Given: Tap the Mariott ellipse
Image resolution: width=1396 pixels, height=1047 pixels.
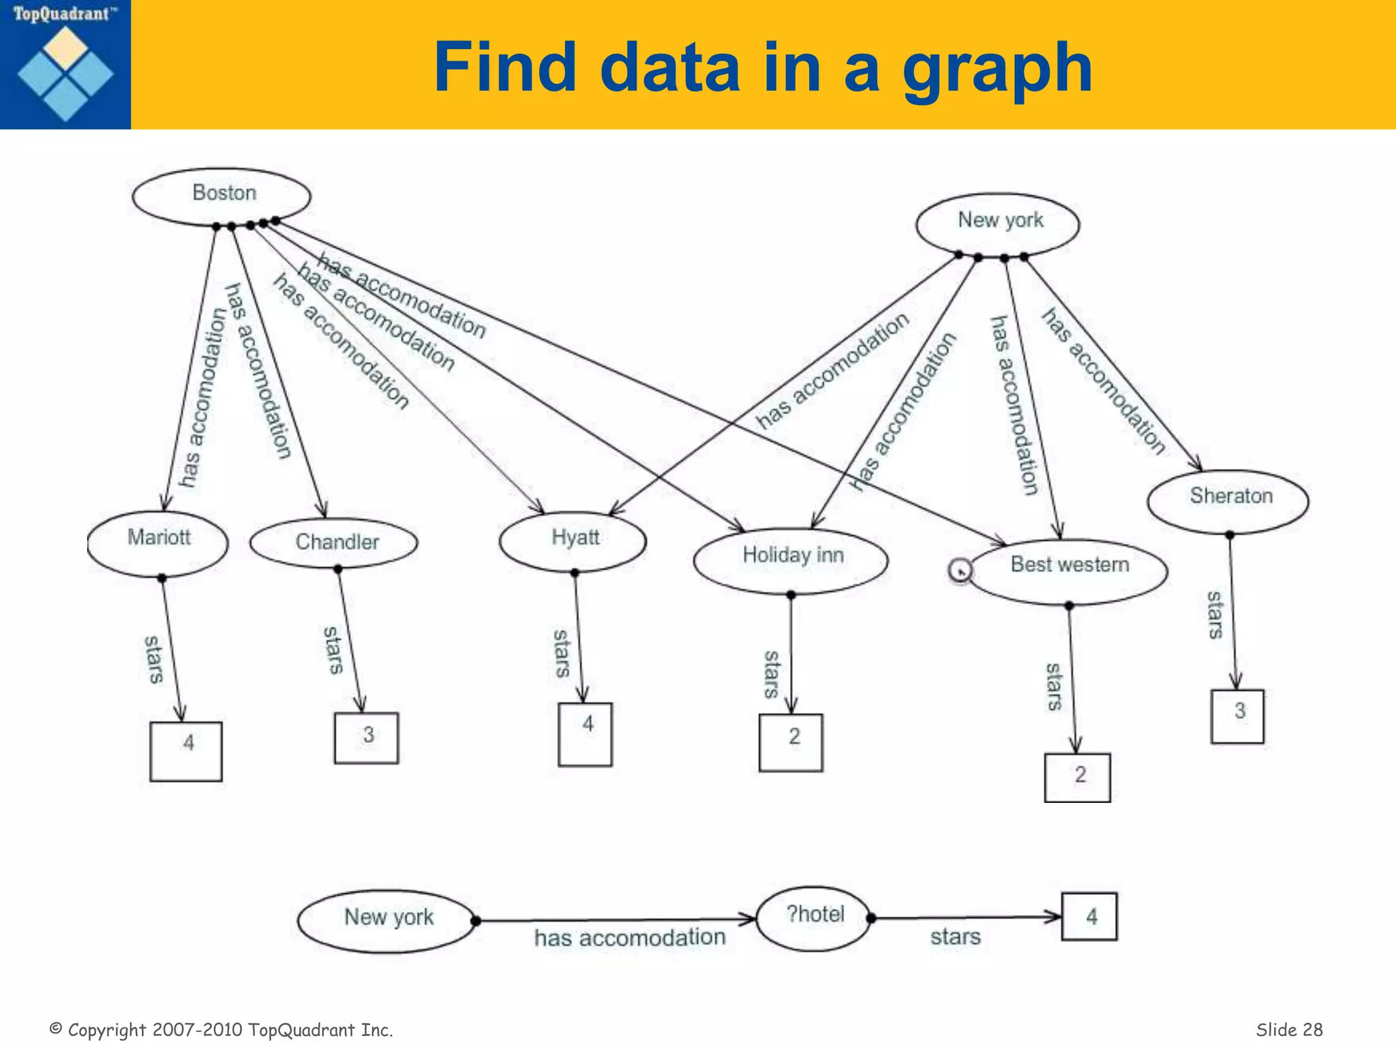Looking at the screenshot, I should coord(158,543).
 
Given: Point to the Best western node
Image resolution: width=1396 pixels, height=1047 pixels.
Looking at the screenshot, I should coord(1069,570).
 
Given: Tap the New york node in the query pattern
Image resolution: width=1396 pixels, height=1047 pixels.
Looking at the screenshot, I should coord(387,921).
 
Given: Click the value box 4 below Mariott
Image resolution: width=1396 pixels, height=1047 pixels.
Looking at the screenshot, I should coord(186,750).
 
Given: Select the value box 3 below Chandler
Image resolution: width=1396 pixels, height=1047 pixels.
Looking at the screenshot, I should coord(367,738).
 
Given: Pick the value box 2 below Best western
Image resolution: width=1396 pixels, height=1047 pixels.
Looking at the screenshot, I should coord(1078,777).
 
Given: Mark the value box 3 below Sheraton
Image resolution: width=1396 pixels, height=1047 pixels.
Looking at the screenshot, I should coord(1237,716).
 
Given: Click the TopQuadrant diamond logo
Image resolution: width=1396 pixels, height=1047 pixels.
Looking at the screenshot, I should coord(65,73).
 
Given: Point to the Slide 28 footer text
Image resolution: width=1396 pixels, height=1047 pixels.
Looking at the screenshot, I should coord(1289,1029).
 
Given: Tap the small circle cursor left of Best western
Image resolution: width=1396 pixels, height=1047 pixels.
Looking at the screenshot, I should coord(960,570).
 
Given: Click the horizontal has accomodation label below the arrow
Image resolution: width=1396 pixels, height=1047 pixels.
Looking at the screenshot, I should coord(629,938).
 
